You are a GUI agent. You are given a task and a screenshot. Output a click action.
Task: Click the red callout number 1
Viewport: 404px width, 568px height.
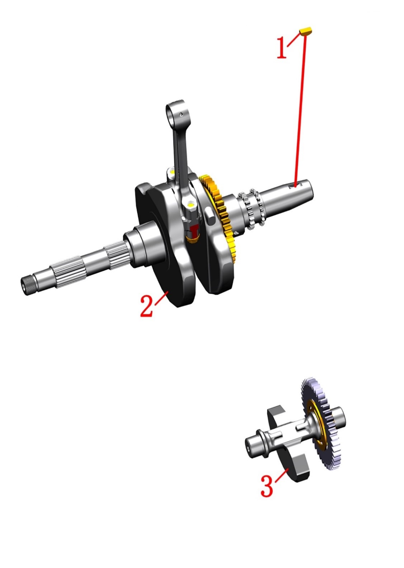pos(282,48)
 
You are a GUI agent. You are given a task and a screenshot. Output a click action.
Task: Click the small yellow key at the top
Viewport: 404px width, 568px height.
pos(306,31)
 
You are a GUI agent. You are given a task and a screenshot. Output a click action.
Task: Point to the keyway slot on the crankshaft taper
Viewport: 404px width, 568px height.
pos(295,185)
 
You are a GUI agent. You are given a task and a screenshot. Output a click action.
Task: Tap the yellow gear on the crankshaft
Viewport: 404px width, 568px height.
pos(218,211)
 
